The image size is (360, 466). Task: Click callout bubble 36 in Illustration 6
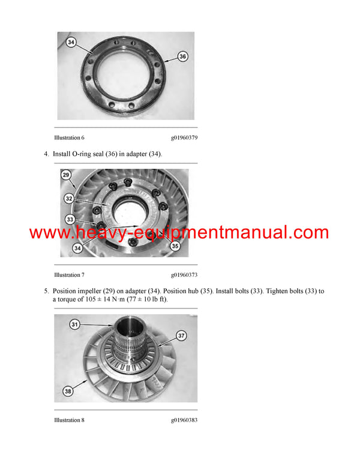(x=183, y=56)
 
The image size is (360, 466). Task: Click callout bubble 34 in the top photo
(x=71, y=43)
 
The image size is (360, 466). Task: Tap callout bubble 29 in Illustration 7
(x=67, y=175)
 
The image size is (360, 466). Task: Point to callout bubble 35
(x=175, y=246)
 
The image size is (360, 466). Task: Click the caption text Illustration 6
(x=69, y=138)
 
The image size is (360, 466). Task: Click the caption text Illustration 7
(x=69, y=275)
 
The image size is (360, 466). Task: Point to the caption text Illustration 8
(x=69, y=420)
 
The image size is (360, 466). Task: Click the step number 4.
(x=46, y=154)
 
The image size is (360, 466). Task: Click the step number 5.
(x=46, y=291)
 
